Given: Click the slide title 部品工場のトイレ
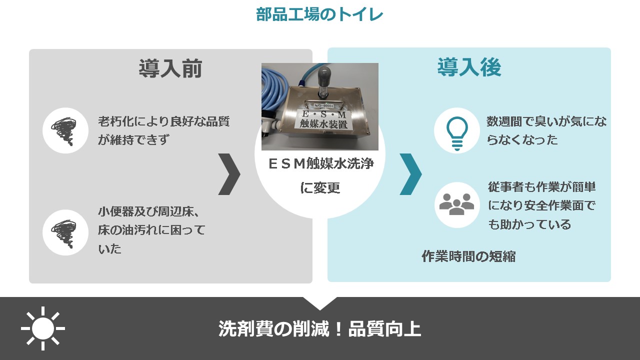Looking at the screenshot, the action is pos(319,14).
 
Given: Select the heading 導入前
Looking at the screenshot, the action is pos(170,68).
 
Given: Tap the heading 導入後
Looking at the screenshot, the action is pos(469,67).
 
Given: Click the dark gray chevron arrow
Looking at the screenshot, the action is pos(229,174).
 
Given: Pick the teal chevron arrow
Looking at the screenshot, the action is pos(410,174).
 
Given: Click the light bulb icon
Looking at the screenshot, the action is pos(457,133).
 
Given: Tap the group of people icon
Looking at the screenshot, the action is pos(456,204).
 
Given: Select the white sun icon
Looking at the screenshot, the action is pos(43,328).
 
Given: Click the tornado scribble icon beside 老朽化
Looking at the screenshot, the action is pos(65,131).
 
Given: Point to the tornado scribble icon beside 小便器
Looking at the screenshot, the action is pos(65,233).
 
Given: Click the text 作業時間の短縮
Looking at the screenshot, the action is pos(469,256).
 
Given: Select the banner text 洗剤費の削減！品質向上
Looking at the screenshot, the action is pos(319,329).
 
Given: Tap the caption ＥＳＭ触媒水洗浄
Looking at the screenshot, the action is pos(321,163).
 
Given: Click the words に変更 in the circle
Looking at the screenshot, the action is pos(320,187).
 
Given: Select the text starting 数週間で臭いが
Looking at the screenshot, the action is pos(546,130).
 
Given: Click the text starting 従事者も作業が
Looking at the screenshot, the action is pos(542,205).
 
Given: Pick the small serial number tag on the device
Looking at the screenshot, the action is pos(323,105).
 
